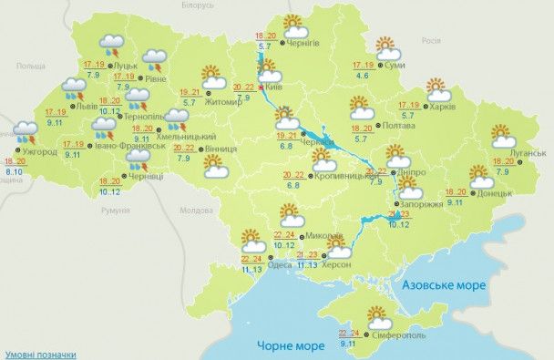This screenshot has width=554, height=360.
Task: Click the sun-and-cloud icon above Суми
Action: [x=387, y=47]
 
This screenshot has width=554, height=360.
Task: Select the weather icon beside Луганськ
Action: [x=501, y=136]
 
